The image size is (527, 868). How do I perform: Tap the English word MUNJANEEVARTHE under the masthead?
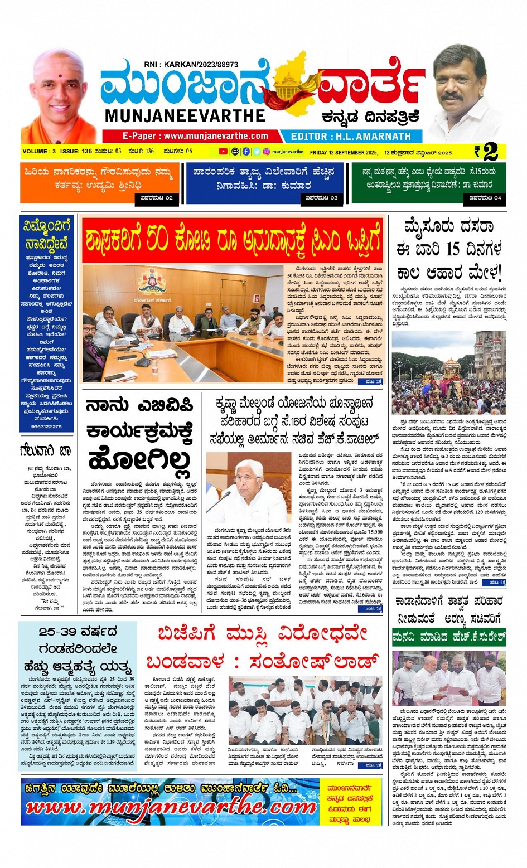click(185, 116)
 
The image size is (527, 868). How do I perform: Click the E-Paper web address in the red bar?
click(195, 136)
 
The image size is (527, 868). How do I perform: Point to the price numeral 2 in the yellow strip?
click(491, 152)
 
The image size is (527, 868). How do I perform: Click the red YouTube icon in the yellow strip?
click(223, 152)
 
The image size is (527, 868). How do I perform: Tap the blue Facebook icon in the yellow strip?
click(246, 152)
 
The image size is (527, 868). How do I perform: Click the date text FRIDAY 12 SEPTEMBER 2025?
click(344, 152)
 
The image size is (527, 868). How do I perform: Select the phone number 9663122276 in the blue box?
click(47, 426)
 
